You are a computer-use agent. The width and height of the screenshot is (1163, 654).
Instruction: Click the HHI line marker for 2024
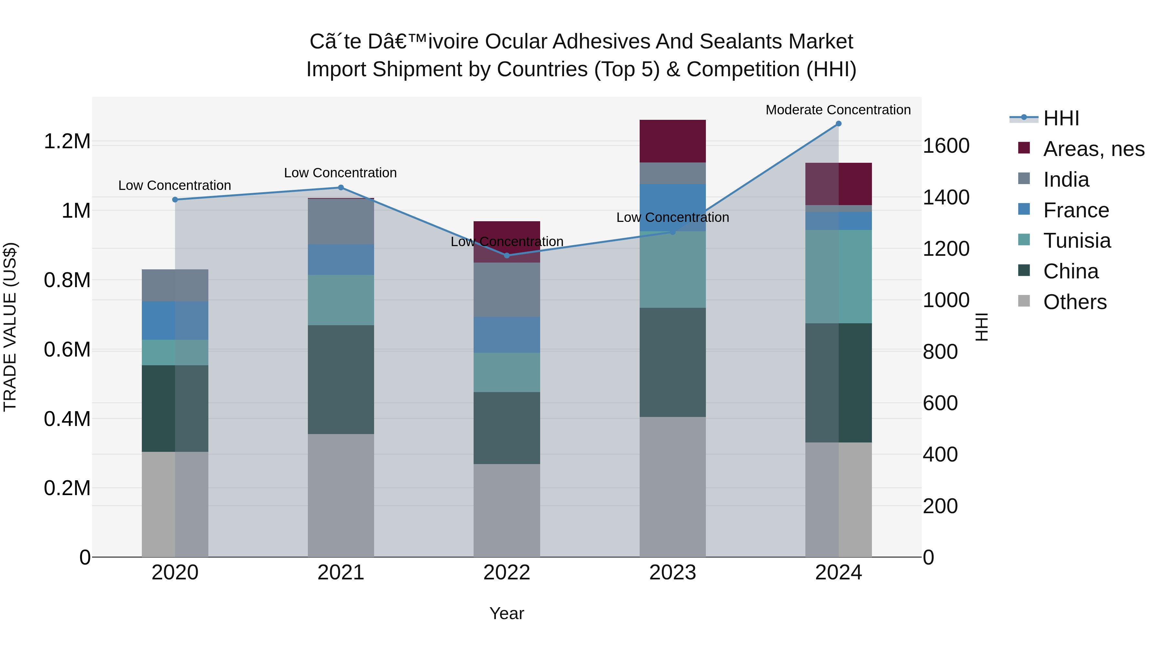pyautogui.click(x=838, y=124)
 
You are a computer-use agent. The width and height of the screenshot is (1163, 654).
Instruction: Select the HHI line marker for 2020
pyautogui.click(x=175, y=200)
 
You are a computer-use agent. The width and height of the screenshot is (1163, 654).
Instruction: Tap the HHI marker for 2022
pyautogui.click(x=507, y=255)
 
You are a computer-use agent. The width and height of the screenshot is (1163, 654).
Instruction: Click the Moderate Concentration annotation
pyautogui.click(x=838, y=110)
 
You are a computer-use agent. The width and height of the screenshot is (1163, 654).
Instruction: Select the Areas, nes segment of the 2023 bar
pyautogui.click(x=672, y=141)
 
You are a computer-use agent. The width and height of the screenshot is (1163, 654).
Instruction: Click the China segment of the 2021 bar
pyautogui.click(x=341, y=379)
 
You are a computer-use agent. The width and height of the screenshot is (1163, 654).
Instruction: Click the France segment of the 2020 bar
pyautogui.click(x=175, y=320)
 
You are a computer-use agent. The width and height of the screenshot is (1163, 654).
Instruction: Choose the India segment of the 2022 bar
pyautogui.click(x=507, y=290)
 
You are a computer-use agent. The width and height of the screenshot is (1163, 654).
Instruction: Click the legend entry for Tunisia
pyautogui.click(x=1077, y=241)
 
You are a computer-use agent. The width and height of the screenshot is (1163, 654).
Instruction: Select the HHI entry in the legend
pyautogui.click(x=1061, y=118)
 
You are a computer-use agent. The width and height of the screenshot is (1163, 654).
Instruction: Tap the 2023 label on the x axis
pyautogui.click(x=672, y=573)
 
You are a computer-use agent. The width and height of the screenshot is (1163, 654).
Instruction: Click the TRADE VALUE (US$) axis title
pyautogui.click(x=10, y=327)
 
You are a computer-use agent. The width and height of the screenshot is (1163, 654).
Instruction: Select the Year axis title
pyautogui.click(x=507, y=613)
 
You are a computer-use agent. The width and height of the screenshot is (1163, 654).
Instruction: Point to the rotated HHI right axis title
pyautogui.click(x=981, y=327)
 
